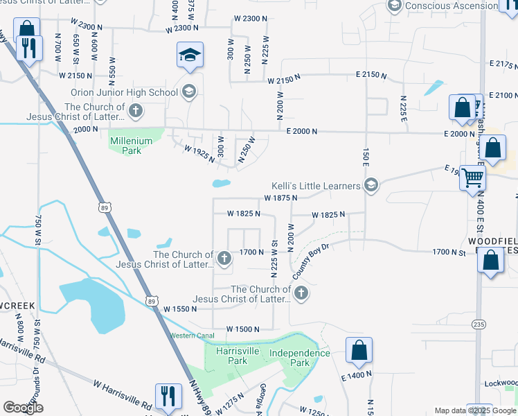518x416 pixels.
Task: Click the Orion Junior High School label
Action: coord(124,92)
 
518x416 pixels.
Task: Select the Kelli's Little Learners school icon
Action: coord(371,185)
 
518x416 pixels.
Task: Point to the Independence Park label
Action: coord(299,358)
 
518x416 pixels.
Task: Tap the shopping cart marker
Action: coord(473,177)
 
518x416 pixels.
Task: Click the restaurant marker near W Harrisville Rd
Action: coord(168,397)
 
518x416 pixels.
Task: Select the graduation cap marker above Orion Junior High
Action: coord(190,55)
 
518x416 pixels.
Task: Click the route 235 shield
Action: coord(479,324)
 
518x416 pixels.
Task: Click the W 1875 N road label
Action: coord(280,198)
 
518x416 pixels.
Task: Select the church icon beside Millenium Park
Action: coord(136,110)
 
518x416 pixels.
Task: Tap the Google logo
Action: coord(23,408)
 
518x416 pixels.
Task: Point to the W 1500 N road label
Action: coord(242,329)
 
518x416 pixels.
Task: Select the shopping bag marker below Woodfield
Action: coord(491,261)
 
